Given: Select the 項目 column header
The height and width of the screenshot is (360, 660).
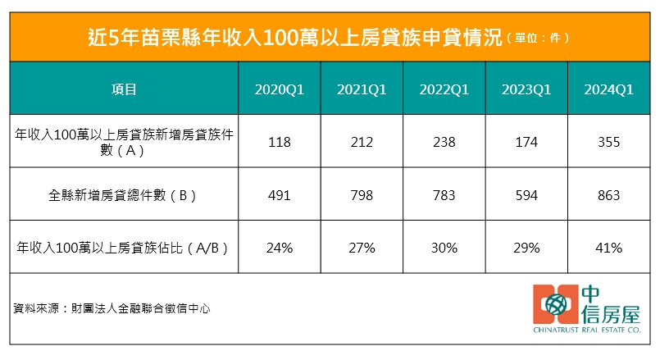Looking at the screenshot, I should click(123, 89).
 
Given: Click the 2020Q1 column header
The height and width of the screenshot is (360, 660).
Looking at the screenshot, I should click(280, 89).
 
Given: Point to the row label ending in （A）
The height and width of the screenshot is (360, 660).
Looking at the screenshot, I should click(123, 142).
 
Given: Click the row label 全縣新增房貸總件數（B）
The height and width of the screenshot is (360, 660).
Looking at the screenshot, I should click(123, 195).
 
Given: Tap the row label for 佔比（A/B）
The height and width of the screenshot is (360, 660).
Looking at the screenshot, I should click(123, 247).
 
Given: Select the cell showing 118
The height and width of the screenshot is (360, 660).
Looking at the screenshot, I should click(280, 143).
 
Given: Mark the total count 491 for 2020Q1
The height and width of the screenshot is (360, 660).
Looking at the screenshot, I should click(280, 195).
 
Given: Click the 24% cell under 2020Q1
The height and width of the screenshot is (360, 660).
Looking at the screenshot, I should click(280, 247).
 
